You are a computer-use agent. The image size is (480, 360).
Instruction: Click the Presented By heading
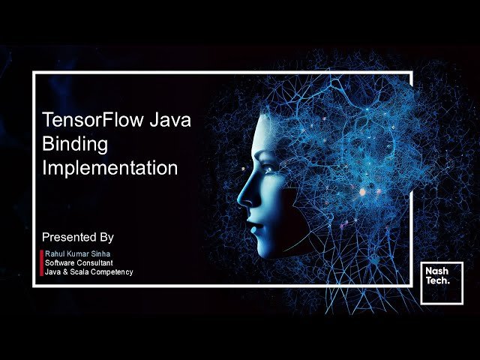(x=78, y=237)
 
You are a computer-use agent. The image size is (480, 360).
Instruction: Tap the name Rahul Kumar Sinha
(x=77, y=254)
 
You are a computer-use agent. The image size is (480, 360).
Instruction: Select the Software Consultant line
(x=79, y=263)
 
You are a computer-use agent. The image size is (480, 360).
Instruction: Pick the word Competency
(x=113, y=272)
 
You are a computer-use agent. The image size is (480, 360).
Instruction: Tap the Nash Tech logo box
(x=442, y=283)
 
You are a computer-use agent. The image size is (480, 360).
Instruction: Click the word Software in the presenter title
(x=59, y=263)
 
